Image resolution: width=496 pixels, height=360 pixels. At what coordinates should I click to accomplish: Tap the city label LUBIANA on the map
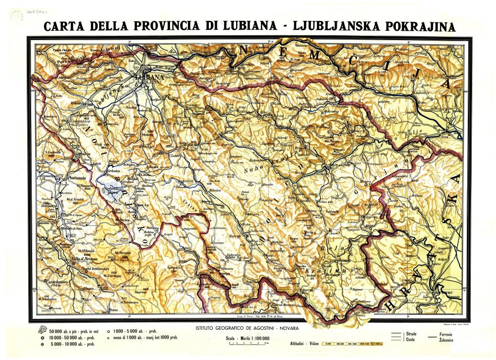click(148, 77)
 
